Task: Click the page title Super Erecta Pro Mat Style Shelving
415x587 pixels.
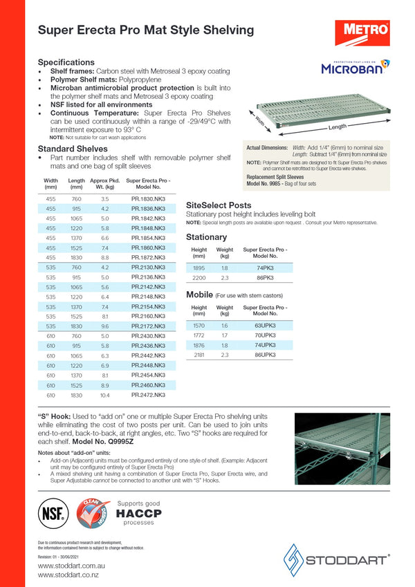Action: (145, 30)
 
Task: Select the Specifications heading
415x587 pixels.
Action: (66, 62)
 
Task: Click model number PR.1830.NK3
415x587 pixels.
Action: (148, 198)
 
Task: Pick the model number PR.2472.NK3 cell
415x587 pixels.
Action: (148, 395)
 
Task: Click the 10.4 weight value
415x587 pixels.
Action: (104, 395)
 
